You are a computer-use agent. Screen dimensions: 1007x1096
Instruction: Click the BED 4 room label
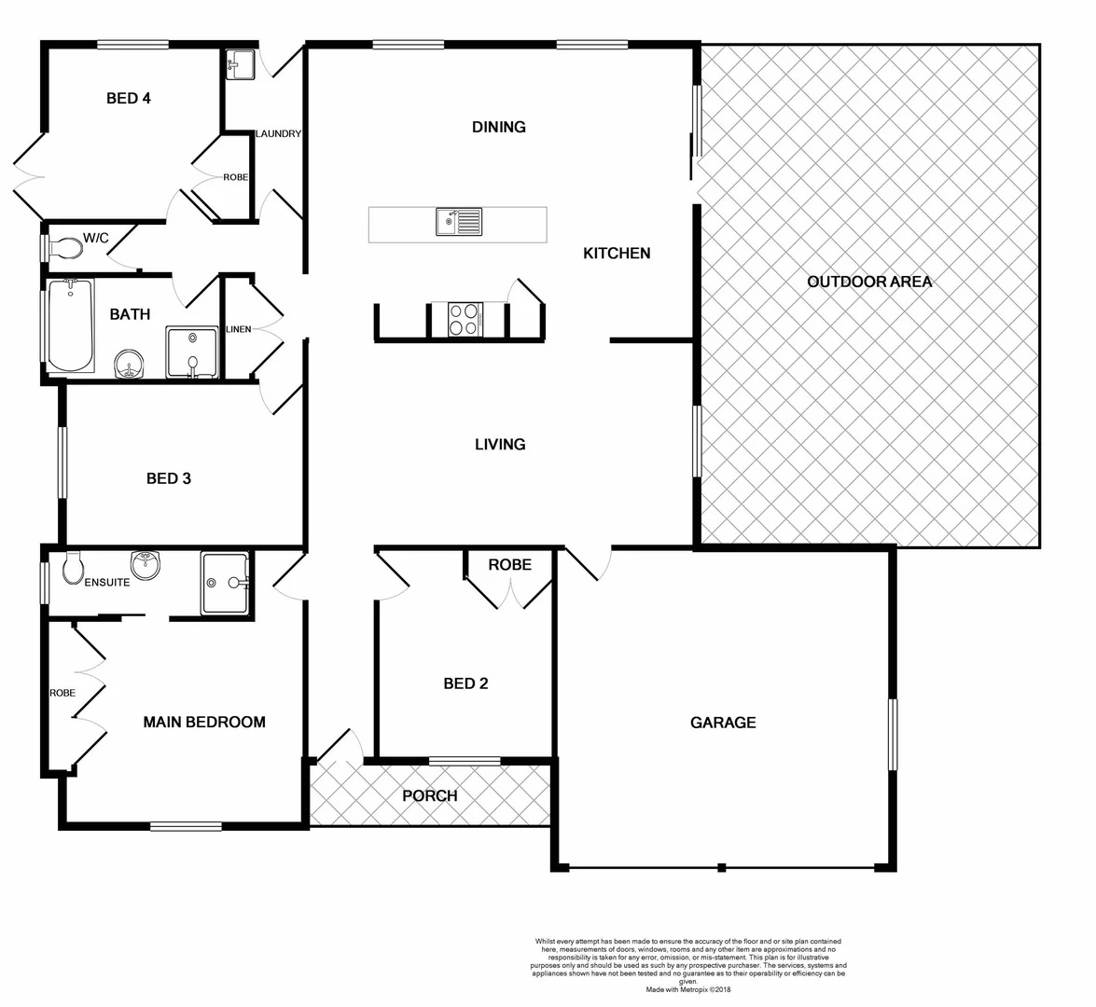coord(129,98)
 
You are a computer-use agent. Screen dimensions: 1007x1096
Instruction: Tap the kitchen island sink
coord(458,223)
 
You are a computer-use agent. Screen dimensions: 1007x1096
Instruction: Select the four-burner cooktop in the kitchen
coord(465,320)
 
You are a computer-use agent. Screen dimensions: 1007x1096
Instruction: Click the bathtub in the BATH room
coord(70,325)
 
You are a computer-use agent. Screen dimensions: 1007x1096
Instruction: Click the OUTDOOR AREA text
coord(869,282)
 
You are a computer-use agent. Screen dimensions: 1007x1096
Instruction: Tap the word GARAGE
coord(723,723)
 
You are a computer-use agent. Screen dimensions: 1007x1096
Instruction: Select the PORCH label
coord(430,795)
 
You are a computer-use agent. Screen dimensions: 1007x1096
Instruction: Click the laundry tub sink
coord(237,65)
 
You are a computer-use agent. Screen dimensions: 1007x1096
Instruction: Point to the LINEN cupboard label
coord(238,330)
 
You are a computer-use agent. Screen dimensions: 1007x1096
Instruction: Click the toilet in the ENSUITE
coord(73,567)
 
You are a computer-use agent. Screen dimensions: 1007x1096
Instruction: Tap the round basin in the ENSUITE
coord(146,565)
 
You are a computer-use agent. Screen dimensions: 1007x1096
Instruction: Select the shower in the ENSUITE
coord(226,584)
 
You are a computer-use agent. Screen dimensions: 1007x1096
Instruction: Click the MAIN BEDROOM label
coord(204,722)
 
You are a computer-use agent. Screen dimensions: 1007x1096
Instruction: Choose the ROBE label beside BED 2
coord(510,565)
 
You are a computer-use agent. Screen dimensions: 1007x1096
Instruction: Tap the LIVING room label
coord(500,445)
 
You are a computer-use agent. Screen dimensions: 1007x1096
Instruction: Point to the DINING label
coord(499,127)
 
